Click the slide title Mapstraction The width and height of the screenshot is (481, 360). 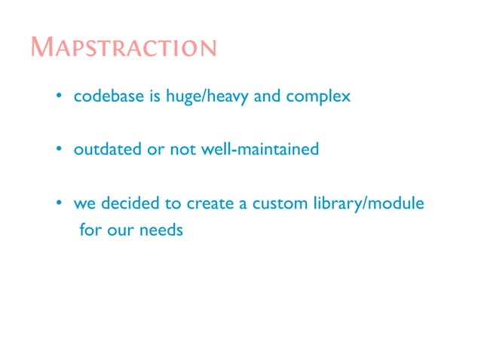pos(124,47)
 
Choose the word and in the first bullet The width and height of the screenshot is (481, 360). pos(267,97)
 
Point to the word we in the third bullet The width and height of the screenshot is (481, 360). pos(83,204)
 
